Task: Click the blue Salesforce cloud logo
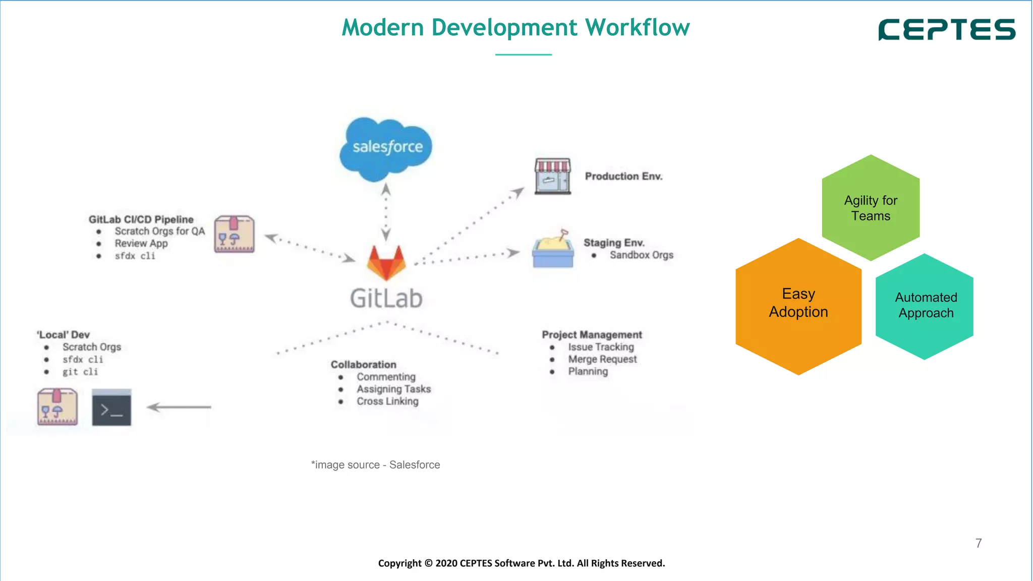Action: [x=386, y=148]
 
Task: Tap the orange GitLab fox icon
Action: [x=386, y=262]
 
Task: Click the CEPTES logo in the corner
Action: [x=947, y=30]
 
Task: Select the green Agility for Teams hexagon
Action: [x=871, y=208]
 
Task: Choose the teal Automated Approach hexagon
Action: [x=925, y=306]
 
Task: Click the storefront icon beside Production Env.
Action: [x=553, y=176]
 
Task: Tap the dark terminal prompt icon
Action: [x=111, y=408]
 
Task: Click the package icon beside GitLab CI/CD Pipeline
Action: [x=235, y=235]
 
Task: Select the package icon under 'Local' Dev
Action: [x=58, y=407]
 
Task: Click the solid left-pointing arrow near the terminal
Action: [x=179, y=407]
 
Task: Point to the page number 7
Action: [x=979, y=543]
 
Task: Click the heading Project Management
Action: [x=592, y=335]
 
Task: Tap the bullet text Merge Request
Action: [x=602, y=359]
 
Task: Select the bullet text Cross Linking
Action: [x=387, y=401]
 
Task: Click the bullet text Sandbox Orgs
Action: [x=641, y=255]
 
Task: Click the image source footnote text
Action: [x=376, y=465]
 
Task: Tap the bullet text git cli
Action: [x=80, y=372]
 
